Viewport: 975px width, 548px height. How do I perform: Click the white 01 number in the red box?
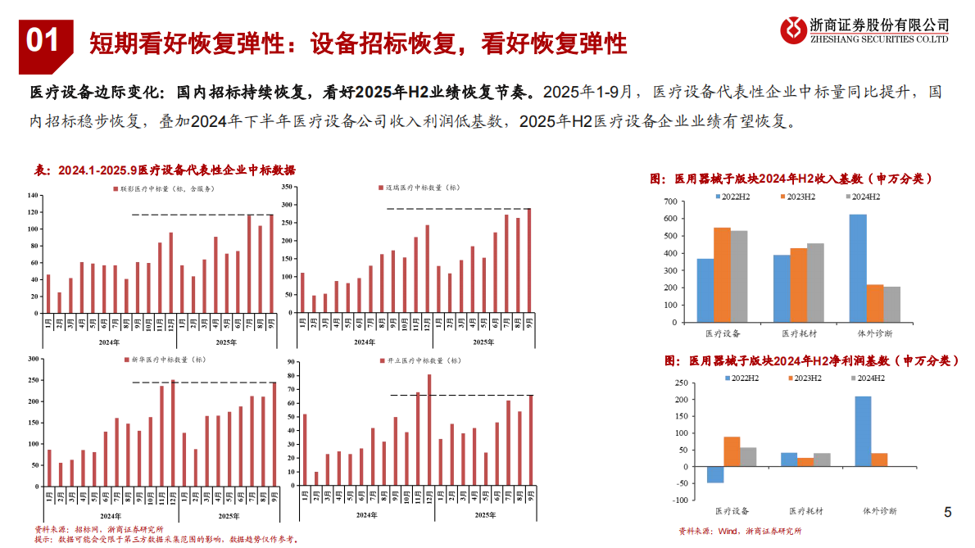pyautogui.click(x=44, y=39)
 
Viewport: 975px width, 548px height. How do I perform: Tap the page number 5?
pyautogui.click(x=948, y=513)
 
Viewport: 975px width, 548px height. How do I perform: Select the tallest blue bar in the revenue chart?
pyautogui.click(x=858, y=268)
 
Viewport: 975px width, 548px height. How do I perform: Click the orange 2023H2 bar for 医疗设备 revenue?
pyautogui.click(x=722, y=274)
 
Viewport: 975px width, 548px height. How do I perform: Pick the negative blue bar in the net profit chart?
pyautogui.click(x=715, y=474)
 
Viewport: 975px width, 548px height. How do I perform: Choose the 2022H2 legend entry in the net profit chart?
pyautogui.click(x=744, y=378)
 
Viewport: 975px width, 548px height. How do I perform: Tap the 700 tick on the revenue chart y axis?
pyautogui.click(x=669, y=202)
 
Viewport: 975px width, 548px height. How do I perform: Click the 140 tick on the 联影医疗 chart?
pyautogui.click(x=33, y=195)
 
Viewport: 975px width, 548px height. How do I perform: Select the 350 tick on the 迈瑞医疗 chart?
pyautogui.click(x=288, y=187)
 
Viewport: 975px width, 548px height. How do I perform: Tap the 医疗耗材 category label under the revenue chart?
pyautogui.click(x=793, y=334)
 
